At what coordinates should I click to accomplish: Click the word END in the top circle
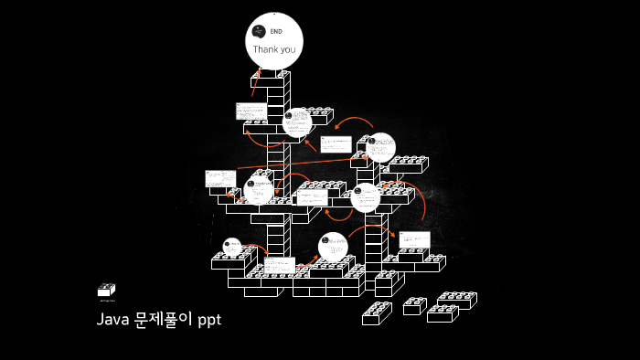(x=276, y=32)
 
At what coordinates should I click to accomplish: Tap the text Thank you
(x=274, y=49)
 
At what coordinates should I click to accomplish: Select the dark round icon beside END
(x=258, y=32)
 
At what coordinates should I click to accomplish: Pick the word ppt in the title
(x=209, y=321)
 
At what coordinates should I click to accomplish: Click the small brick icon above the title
(x=106, y=290)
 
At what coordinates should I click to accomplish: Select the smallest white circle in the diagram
(x=232, y=246)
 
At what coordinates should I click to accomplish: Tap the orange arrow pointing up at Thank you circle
(x=256, y=82)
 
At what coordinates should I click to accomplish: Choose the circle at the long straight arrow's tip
(x=380, y=147)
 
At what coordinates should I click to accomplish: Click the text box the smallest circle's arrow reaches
(x=279, y=265)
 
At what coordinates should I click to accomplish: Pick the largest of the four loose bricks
(x=455, y=300)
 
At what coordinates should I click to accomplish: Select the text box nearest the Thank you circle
(x=251, y=111)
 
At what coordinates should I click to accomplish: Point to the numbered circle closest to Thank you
(x=297, y=122)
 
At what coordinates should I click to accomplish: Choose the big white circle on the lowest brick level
(x=334, y=248)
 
